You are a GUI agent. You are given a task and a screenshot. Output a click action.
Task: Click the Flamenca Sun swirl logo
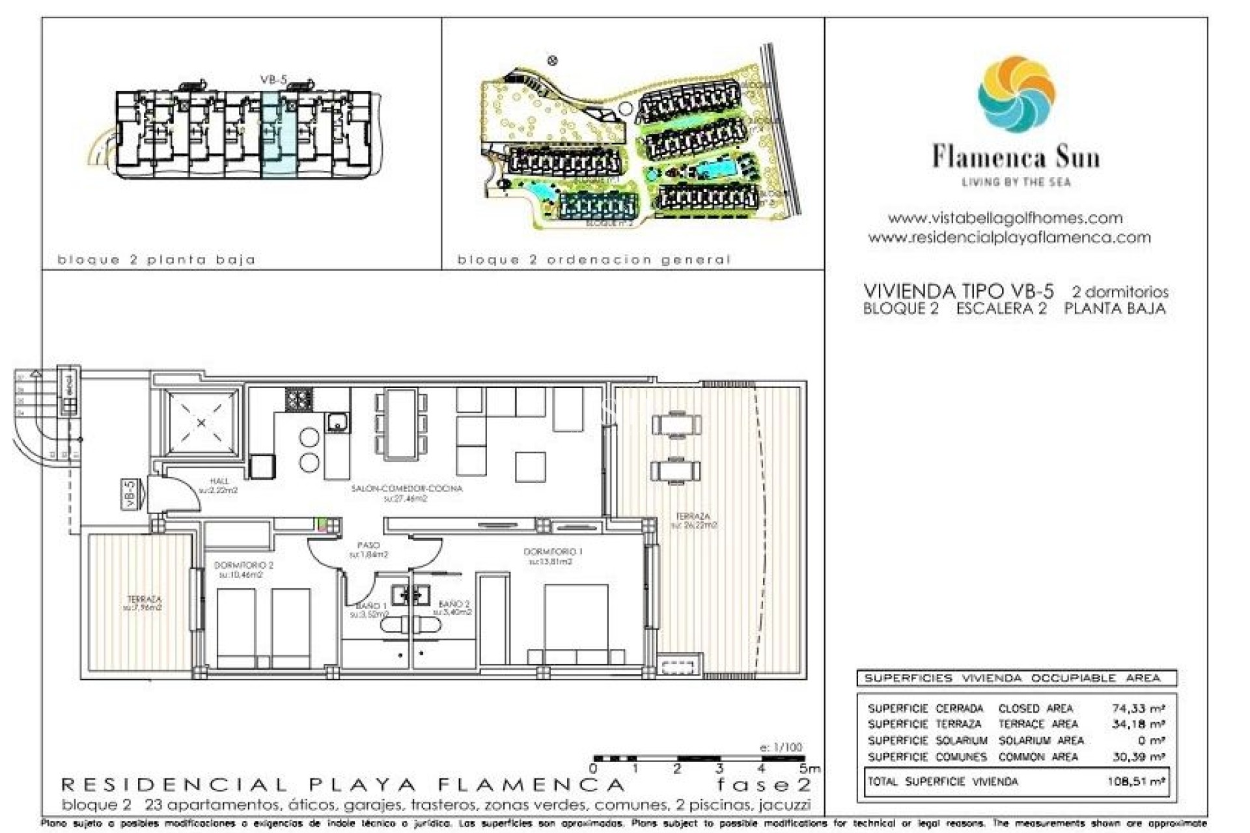tap(1016, 94)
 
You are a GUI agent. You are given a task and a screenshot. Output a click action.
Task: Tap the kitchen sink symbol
tap(337, 423)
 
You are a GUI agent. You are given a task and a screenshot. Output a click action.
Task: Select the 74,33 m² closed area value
tap(1138, 708)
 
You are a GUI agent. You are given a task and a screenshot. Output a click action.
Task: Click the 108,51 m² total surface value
tap(1135, 782)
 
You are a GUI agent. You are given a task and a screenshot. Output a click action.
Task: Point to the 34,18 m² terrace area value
tap(1138, 724)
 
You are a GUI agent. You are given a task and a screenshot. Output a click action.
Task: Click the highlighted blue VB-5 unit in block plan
tap(279, 133)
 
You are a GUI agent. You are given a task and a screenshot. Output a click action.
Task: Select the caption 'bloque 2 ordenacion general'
tap(594, 260)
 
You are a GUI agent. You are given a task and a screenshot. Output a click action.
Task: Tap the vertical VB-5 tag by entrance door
tap(130, 494)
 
